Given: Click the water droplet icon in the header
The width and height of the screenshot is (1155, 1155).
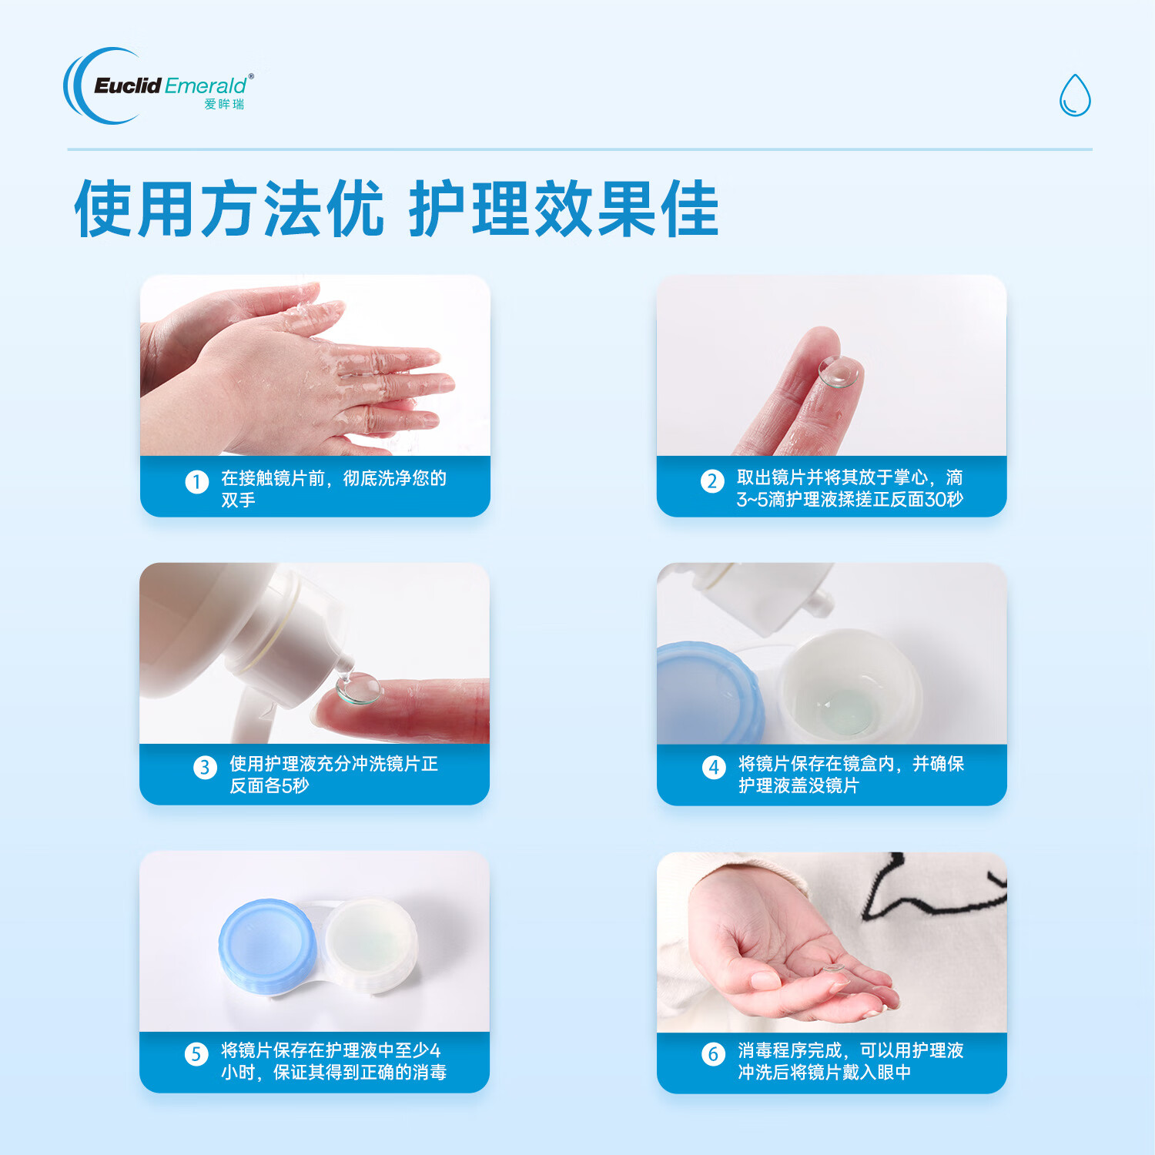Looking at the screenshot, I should pos(1075,95).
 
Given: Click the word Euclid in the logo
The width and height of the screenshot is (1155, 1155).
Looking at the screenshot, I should pos(128,85).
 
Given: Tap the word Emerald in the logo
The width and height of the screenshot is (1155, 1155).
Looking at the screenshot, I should pos(205,85).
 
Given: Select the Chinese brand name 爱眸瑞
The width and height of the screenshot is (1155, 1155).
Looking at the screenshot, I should pos(224,105).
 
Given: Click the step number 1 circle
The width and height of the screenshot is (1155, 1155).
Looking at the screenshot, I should pos(196,482).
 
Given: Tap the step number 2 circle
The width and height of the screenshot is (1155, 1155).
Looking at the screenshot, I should pos(712,481).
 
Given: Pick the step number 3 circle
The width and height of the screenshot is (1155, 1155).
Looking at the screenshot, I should pos(205,768).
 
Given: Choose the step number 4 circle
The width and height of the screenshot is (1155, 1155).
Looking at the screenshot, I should pos(714,768).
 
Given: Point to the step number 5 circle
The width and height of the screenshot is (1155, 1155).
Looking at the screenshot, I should pos(196,1054).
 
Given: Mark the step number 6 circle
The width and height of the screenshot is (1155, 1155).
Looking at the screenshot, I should pos(713,1054).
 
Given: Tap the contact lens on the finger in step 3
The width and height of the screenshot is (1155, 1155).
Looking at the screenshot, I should pos(359,688).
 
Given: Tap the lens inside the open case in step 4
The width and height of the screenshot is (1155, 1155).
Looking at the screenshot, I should pos(844,708).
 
